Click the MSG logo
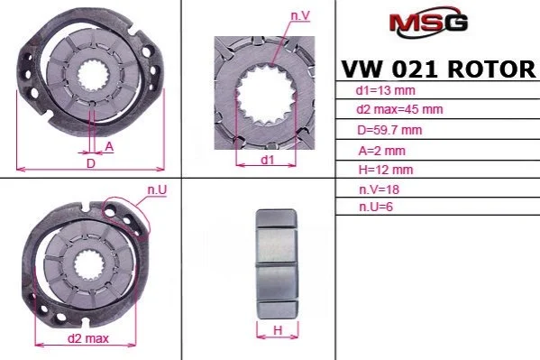(x=428, y=22)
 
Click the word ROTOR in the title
(x=491, y=69)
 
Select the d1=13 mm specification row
(x=385, y=91)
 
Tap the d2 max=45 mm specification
(x=399, y=110)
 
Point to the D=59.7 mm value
(x=389, y=130)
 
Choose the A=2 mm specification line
(x=381, y=151)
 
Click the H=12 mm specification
(x=385, y=170)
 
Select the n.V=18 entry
(x=379, y=189)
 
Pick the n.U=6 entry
(x=376, y=207)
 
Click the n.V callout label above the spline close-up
(x=300, y=16)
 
